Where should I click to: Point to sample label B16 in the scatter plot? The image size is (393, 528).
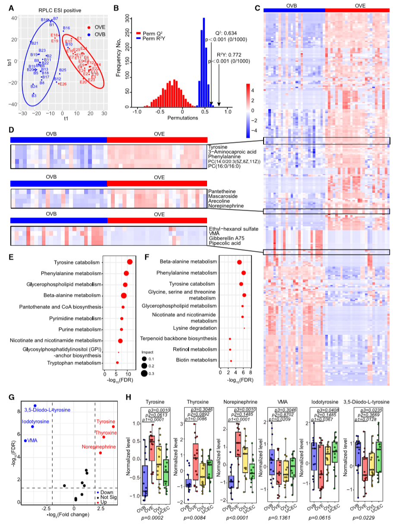coord(66,28)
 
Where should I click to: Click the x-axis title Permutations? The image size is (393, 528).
coord(181,118)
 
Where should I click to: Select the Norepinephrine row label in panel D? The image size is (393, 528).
coord(226,206)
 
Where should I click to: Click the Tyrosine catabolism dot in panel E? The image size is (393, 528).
coord(129,262)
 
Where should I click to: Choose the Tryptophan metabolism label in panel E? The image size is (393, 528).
coord(74,363)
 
